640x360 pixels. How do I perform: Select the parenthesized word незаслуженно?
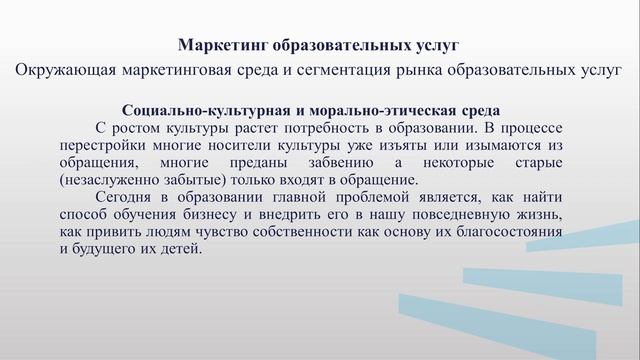112,179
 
